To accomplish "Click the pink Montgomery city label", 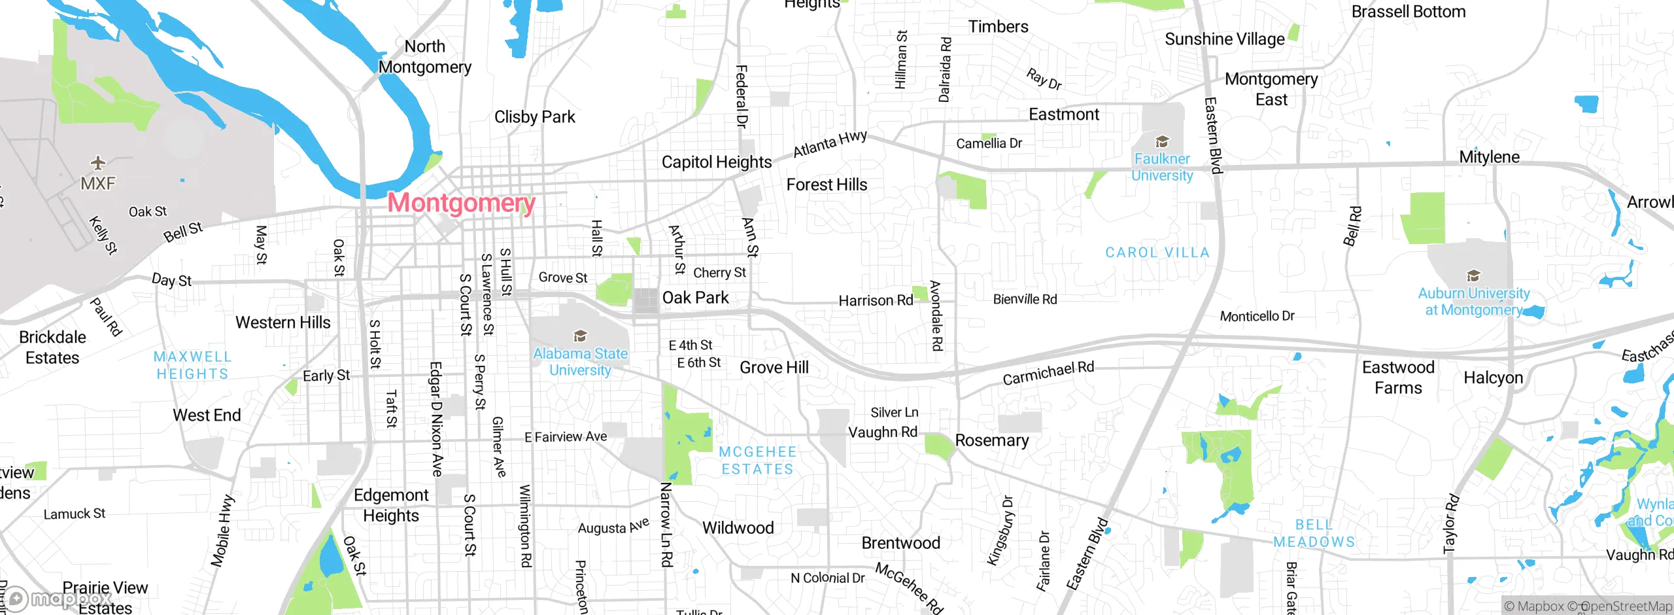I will pos(462,203).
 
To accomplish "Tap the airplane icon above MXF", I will pos(98,162).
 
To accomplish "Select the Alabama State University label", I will pos(580,362).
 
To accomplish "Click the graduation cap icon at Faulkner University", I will pos(1162,141).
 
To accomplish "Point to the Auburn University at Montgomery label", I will pos(1473,302).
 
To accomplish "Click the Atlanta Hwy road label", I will pos(830,144).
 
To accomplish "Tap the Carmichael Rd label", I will pos(1048,373).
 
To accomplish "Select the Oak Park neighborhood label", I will pos(695,298).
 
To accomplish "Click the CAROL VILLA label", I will pos(1157,253).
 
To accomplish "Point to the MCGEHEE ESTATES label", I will pos(757,461).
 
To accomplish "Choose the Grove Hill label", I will pos(774,368).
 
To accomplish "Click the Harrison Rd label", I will pos(876,300).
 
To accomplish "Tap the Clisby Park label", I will pos(534,117).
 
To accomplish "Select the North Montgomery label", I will pos(425,57).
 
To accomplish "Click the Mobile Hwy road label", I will pos(222,531).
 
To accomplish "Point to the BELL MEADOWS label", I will pos(1314,533).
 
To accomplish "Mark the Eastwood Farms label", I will pos(1398,378).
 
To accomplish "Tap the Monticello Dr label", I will pos(1257,317).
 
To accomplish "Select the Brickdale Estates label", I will pos(52,347).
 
